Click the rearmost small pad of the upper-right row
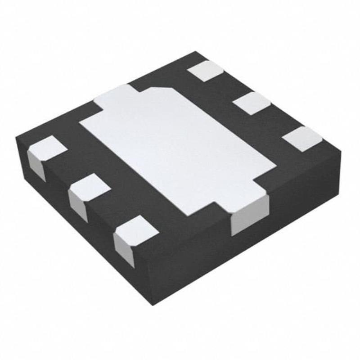click(x=206, y=71)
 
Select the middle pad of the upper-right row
click(x=252, y=103)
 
